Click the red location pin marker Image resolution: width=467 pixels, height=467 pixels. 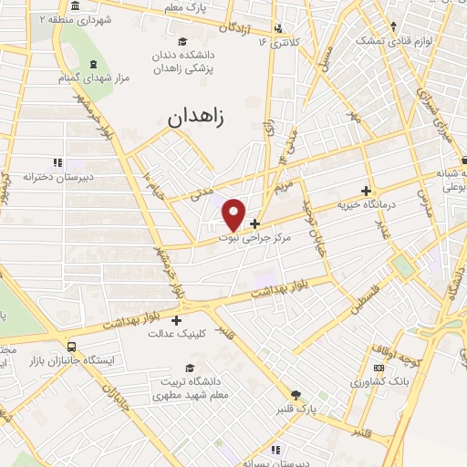pyautogui.click(x=233, y=213)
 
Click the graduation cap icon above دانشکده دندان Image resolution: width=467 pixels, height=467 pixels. pyautogui.click(x=182, y=42)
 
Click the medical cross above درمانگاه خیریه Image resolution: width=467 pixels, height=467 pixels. pyautogui.click(x=367, y=192)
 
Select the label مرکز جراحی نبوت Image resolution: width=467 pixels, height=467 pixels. pyautogui.click(x=254, y=236)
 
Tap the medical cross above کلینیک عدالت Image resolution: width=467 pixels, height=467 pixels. pyautogui.click(x=176, y=320)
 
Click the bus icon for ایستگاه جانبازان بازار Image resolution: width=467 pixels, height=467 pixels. pyautogui.click(x=72, y=347)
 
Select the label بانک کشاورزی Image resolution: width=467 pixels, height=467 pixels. pyautogui.click(x=377, y=377)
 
